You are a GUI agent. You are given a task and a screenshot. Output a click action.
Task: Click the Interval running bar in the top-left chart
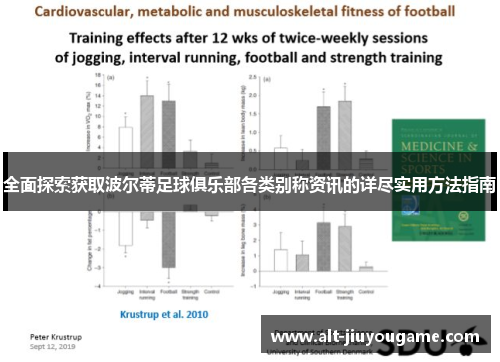click(147, 130)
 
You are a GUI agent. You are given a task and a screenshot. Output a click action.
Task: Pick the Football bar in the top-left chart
click(168, 132)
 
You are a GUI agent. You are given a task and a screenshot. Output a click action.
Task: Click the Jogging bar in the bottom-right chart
click(281, 261)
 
